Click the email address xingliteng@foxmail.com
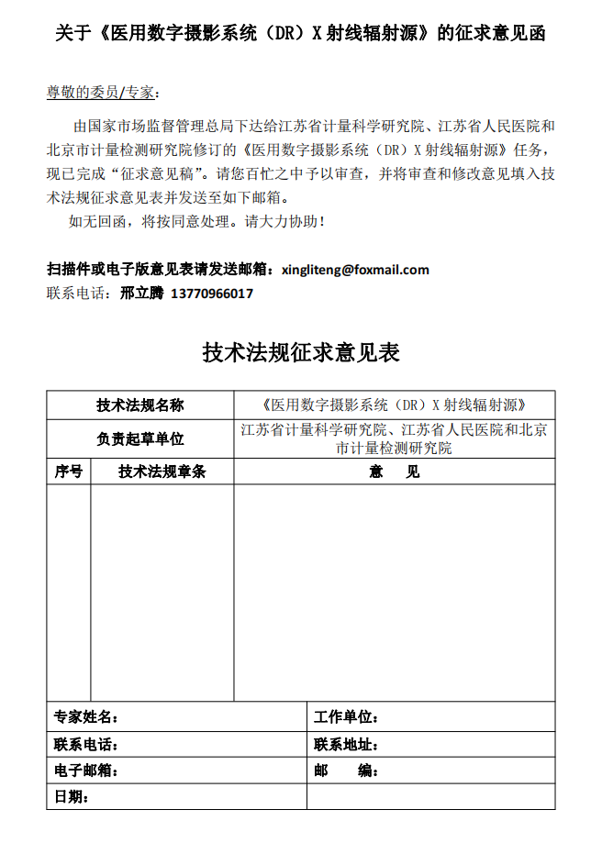click(355, 270)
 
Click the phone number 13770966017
click(212, 294)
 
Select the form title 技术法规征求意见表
click(300, 353)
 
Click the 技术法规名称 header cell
click(139, 405)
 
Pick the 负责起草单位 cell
click(139, 439)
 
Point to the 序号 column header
click(69, 471)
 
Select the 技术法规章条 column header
click(162, 471)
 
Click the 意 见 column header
click(395, 471)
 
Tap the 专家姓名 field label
click(86, 716)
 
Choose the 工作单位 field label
click(346, 716)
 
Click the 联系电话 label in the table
click(86, 744)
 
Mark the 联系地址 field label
click(346, 744)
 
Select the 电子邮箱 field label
click(86, 771)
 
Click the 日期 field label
click(72, 797)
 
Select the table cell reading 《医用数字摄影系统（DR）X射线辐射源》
click(394, 405)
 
